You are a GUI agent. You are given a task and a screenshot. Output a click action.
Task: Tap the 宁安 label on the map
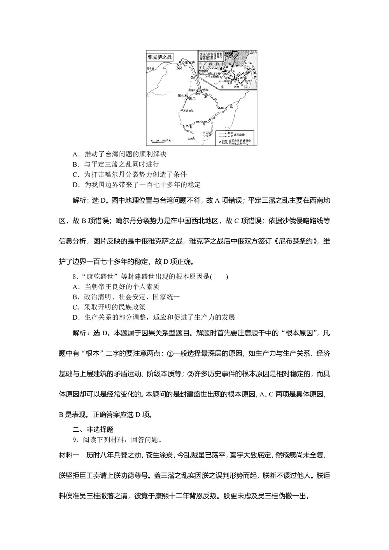coord(209,135)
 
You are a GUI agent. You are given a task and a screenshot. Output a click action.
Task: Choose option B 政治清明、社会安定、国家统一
coord(126,297)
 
